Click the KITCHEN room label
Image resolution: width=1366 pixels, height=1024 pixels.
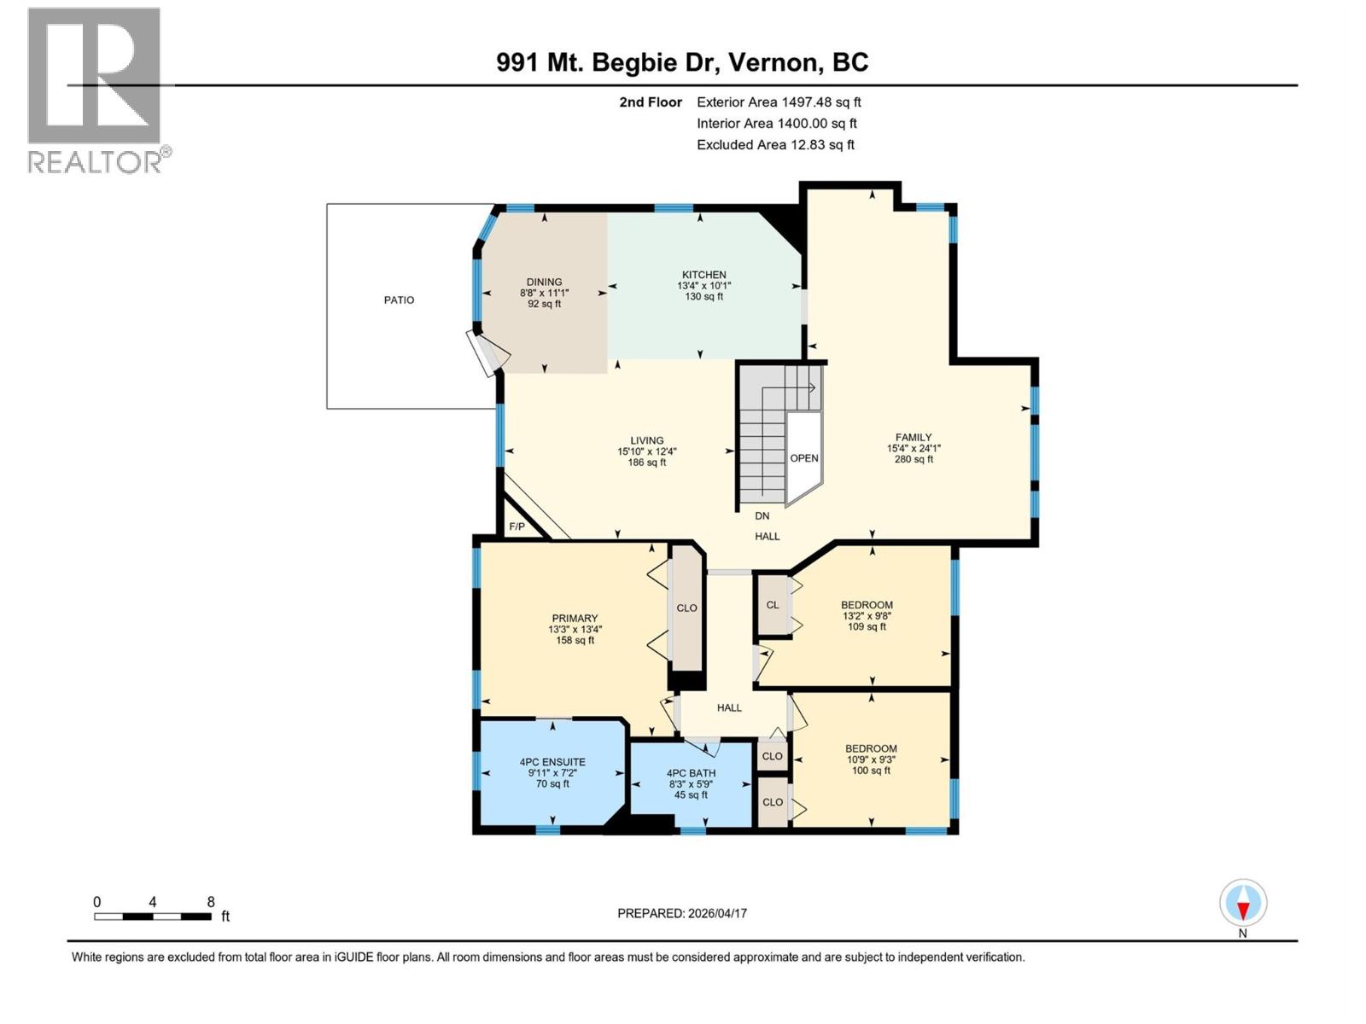[x=703, y=275]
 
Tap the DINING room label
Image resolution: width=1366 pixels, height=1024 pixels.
[x=544, y=282]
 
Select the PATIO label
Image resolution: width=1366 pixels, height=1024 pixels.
[x=399, y=300]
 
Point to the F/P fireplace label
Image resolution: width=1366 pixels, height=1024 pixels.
[x=517, y=527]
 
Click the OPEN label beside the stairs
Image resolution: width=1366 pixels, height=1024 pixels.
[x=803, y=458]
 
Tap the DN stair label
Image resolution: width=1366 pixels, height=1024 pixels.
[x=762, y=515]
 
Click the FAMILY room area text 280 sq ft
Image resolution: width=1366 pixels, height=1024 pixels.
[x=913, y=459]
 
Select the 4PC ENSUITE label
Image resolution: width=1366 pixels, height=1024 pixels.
[x=552, y=762]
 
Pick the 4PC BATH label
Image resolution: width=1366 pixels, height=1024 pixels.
[x=691, y=773]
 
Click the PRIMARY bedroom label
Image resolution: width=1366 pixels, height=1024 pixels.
[x=575, y=619]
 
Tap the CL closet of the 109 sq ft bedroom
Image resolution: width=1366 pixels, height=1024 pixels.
[x=772, y=605]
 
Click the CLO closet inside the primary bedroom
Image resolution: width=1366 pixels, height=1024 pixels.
[x=686, y=608]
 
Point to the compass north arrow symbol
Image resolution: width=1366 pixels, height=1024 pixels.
[x=1243, y=904]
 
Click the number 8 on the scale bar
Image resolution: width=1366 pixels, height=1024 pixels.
[x=211, y=902]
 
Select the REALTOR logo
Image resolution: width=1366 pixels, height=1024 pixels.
[x=96, y=90]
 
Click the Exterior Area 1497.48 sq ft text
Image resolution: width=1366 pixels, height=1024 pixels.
[x=778, y=102]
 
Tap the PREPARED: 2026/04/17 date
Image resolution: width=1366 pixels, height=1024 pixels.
[x=681, y=913]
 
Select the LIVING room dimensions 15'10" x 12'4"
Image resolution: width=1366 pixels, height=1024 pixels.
[x=646, y=452]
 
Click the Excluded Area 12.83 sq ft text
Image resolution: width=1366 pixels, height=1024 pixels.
[x=774, y=145]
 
